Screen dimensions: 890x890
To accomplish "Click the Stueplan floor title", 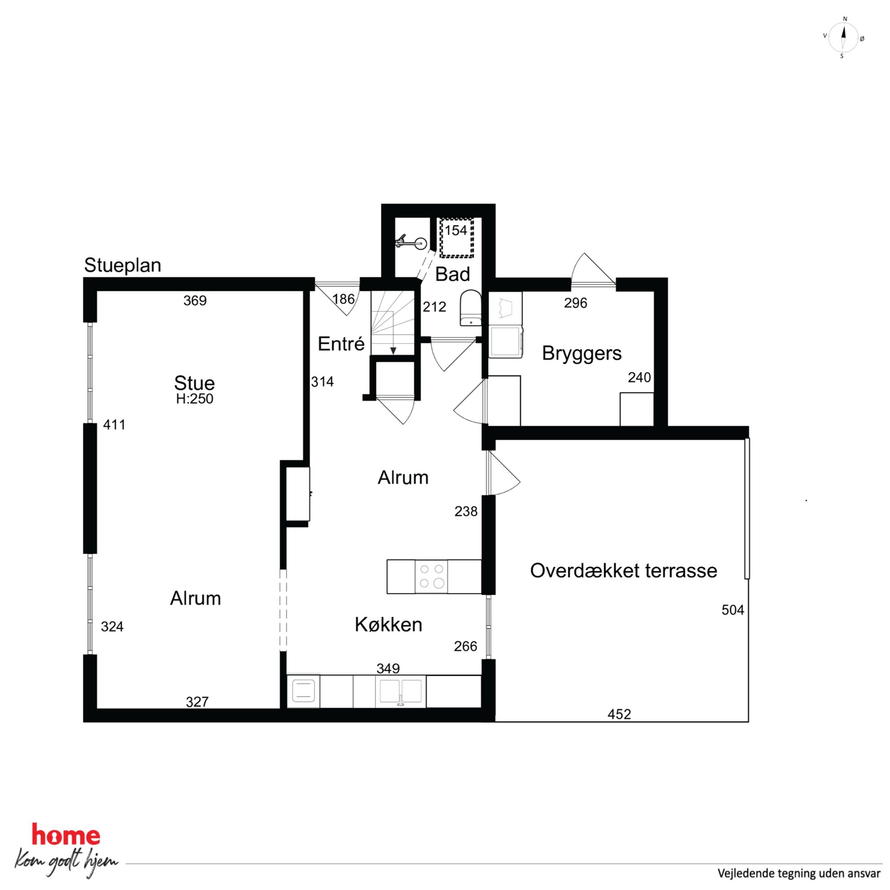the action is tap(122, 266).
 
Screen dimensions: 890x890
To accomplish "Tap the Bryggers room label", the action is tap(581, 354).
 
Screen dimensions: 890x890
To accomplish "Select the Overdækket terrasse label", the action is tap(623, 571).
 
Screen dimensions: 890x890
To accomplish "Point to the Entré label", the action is tap(341, 344).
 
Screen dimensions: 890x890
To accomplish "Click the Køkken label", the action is tap(388, 624).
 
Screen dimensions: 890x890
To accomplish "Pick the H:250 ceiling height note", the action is tap(194, 399).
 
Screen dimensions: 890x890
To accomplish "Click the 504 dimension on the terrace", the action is tap(733, 611).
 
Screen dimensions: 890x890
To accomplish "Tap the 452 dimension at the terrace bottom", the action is tap(619, 715).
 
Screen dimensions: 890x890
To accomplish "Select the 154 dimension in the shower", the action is tap(456, 230).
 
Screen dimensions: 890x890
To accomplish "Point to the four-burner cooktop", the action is tap(431, 576).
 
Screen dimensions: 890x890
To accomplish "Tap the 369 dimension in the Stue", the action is tap(195, 301).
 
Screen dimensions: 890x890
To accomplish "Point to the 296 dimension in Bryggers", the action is tap(576, 303).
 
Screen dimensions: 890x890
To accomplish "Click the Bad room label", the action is tap(452, 275).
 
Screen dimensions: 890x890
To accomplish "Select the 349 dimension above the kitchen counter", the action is tap(388, 668).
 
